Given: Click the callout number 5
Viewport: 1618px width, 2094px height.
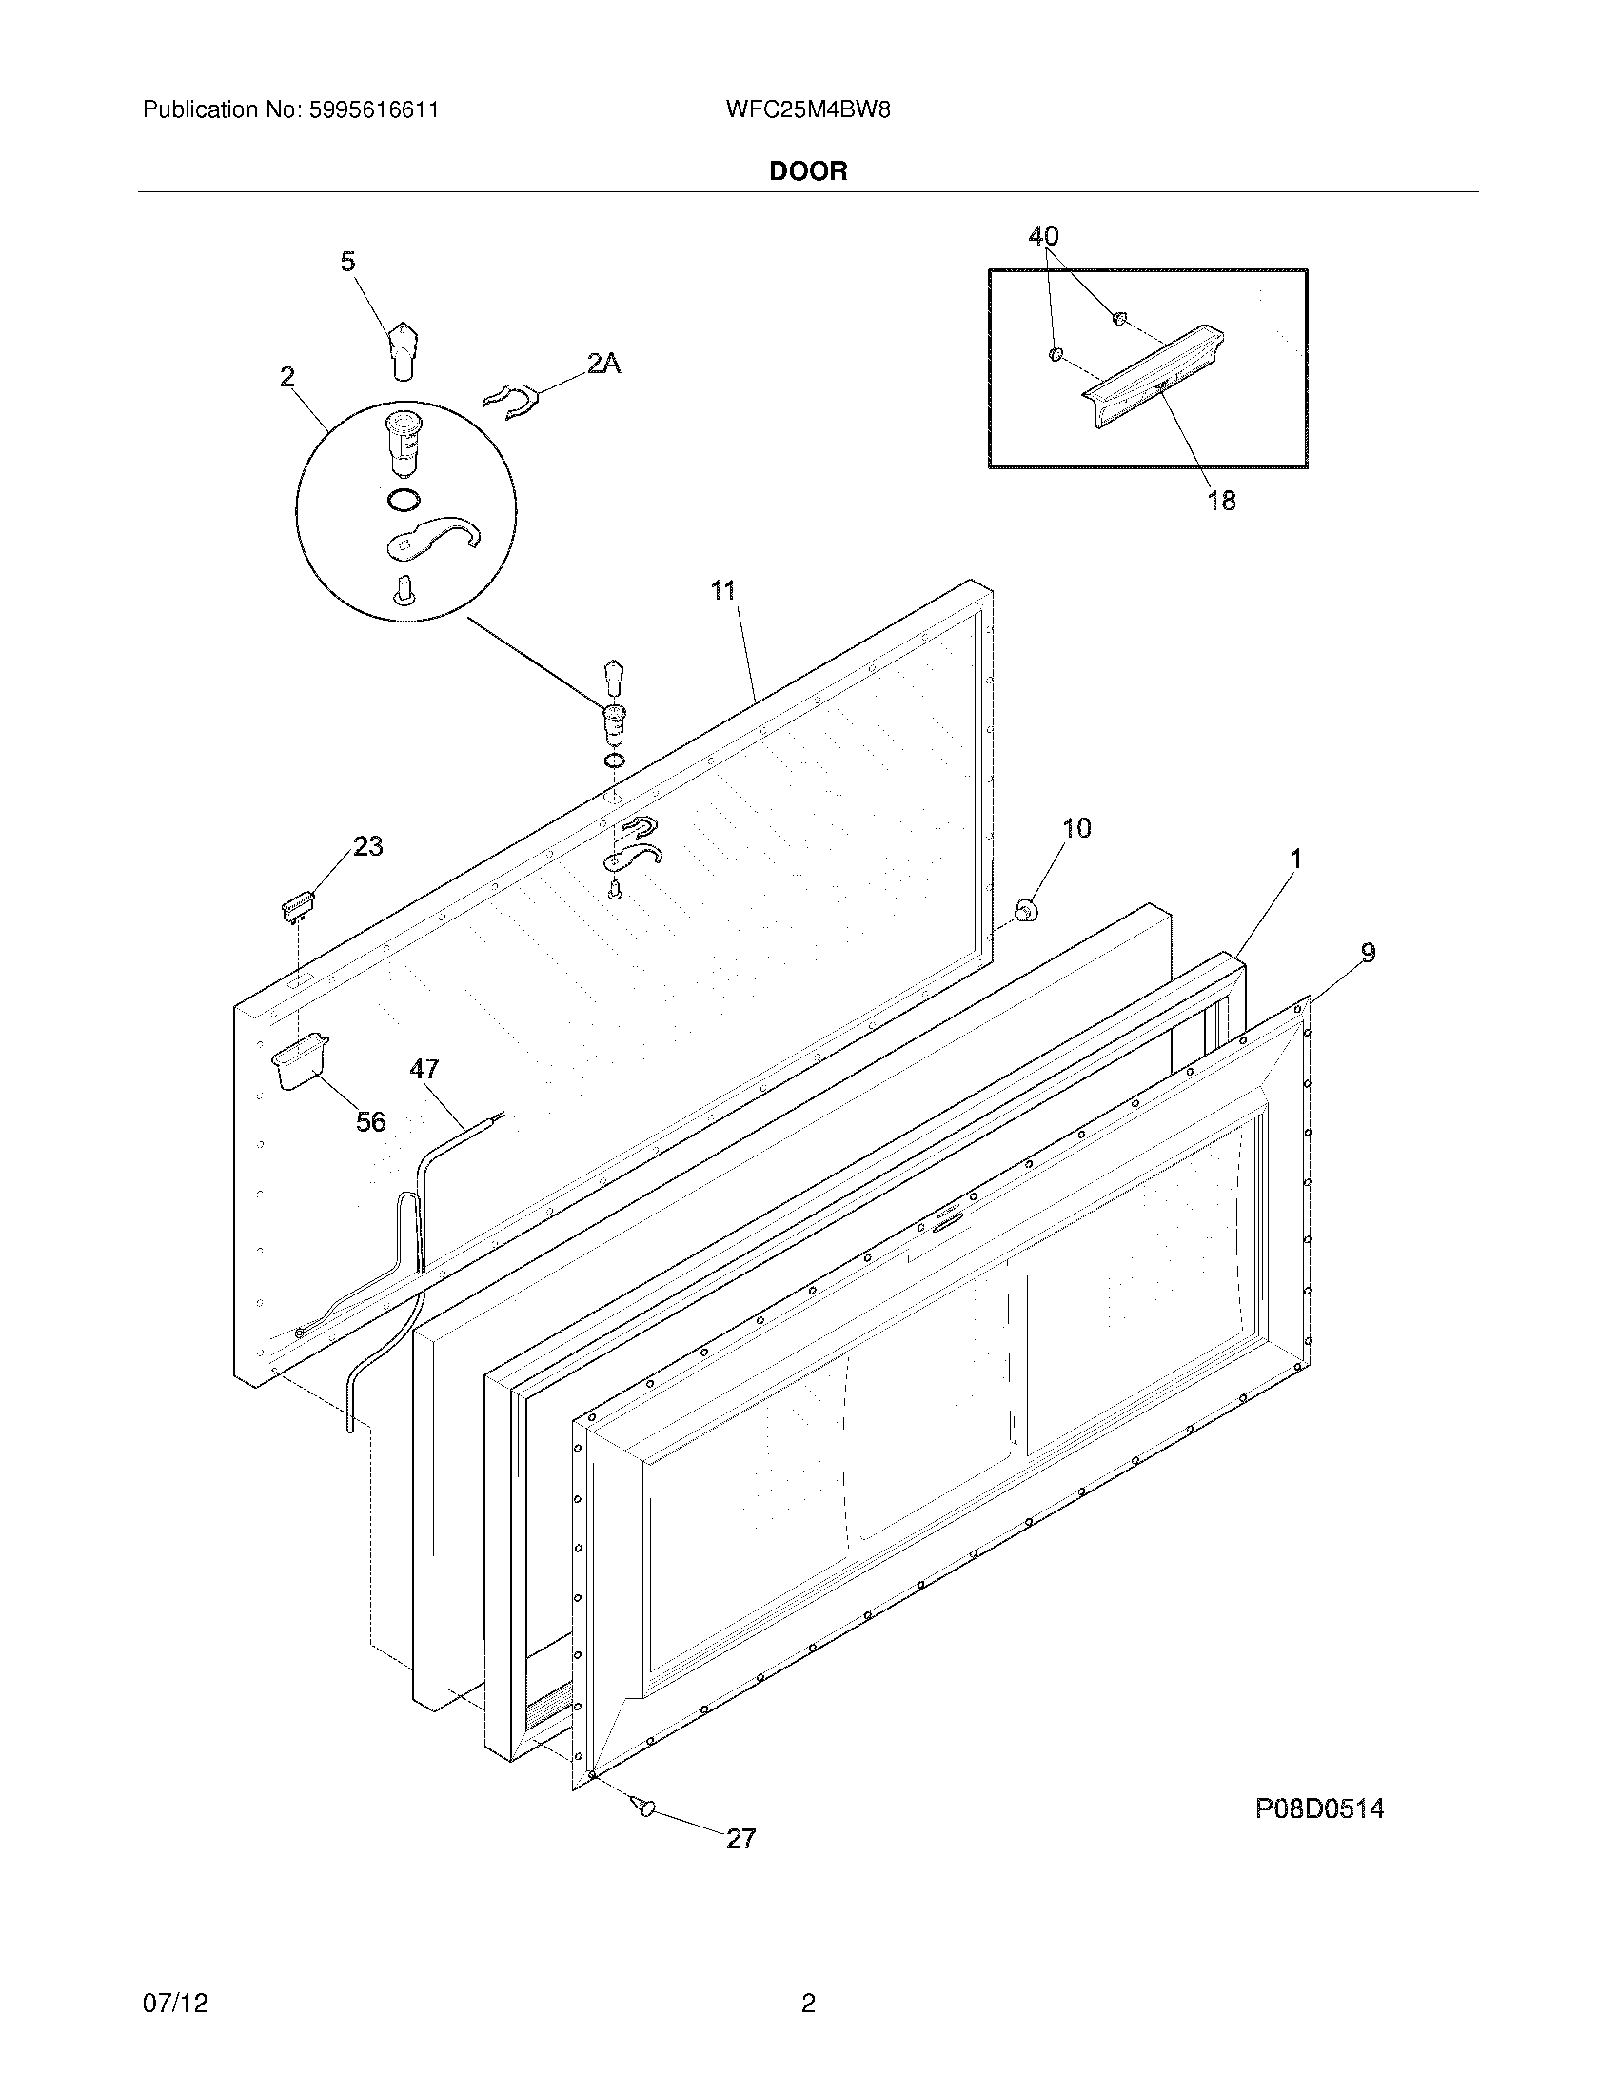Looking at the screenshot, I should point(348,261).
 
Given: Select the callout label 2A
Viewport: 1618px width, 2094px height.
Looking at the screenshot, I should point(603,364).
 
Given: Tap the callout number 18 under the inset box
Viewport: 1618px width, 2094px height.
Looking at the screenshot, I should point(1221,500).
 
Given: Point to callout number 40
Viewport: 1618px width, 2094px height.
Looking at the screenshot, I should point(1044,236).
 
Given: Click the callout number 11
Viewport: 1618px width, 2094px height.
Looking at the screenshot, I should point(722,591).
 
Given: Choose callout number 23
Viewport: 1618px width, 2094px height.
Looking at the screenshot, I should point(368,845).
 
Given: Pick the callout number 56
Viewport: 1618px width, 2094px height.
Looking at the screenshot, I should point(371,1121).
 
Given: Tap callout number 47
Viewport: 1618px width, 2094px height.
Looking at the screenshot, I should point(424,1069).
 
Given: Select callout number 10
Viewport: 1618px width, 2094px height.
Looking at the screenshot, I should point(1077,828).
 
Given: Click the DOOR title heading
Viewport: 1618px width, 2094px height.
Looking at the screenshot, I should point(808,171).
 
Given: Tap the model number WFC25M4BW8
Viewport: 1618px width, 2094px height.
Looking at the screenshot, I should point(808,109).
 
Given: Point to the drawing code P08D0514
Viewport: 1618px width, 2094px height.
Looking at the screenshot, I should point(1320,1808).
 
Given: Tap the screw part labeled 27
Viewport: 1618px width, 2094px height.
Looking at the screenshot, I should point(644,1806).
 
